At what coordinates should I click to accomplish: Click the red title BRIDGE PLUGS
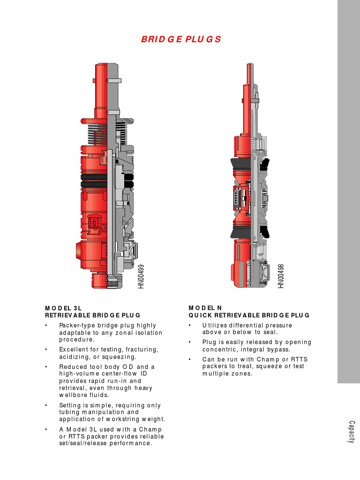point(180,39)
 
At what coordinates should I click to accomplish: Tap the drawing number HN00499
point(141,276)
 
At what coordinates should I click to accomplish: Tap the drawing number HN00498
point(281,276)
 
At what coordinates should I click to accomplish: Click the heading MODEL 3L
point(63,308)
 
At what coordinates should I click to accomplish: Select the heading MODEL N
point(205,308)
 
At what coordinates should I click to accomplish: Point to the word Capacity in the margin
point(351,432)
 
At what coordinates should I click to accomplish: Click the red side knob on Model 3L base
point(79,250)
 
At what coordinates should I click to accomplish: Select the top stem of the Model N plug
point(247,75)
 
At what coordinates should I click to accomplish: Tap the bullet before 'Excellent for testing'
point(46,350)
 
